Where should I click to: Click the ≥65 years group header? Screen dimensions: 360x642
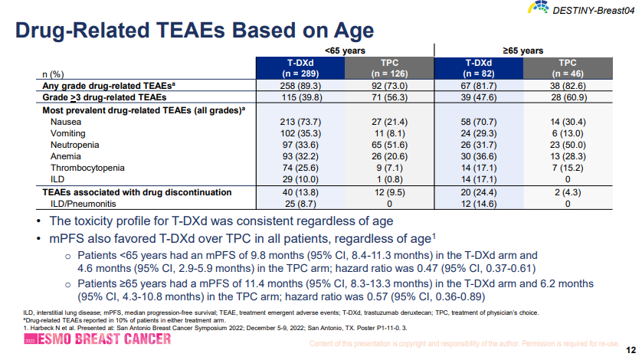point(522,50)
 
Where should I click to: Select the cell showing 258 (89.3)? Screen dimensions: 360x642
point(300,86)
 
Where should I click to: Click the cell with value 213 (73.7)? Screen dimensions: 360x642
point(300,122)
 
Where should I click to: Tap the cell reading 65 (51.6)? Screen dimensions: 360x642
point(390,145)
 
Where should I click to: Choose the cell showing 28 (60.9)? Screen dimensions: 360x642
point(568,97)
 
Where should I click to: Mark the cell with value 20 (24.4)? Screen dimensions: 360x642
point(478,192)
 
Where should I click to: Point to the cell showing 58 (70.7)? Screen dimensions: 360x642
point(478,122)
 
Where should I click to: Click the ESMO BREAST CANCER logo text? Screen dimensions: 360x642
point(100,339)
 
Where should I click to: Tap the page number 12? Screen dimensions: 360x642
point(630,345)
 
